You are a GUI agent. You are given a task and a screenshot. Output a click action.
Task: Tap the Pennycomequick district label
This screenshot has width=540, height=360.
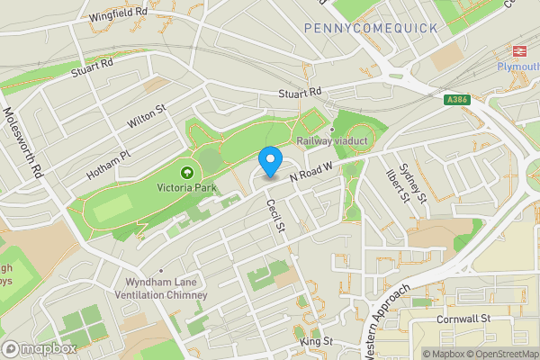(370, 29)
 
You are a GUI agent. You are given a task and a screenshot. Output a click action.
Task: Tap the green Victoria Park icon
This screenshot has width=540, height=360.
(187, 172)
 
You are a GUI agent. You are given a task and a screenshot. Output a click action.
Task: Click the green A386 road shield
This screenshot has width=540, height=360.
(458, 102)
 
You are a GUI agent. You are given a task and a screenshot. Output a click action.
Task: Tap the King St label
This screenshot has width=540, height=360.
(317, 342)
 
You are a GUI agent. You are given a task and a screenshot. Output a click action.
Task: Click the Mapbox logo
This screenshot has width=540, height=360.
(40, 348)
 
